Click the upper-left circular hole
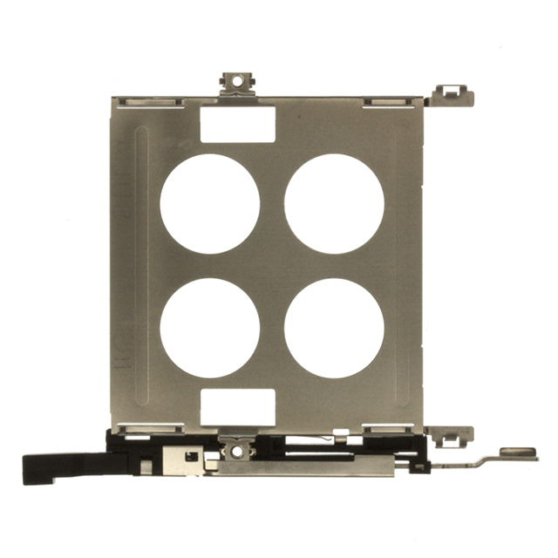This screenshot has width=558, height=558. click(209, 204)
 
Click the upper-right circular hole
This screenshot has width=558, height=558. click(334, 204)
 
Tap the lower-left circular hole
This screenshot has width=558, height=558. click(209, 328)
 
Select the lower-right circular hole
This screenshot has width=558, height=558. click(334, 328)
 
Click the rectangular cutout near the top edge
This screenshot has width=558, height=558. click(238, 124)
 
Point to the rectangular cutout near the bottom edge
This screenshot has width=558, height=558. click(238, 406)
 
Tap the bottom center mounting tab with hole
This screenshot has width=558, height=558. click(234, 449)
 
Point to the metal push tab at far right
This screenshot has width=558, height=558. click(518, 453)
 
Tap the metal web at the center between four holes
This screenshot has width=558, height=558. click(272, 266)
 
